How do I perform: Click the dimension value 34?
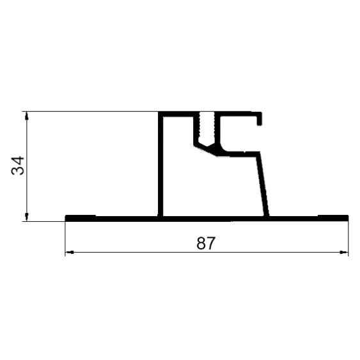coord(18,166)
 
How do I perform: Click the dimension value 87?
coord(206,243)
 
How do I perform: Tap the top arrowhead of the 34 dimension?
coord(27,116)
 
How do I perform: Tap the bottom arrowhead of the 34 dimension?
coord(27,217)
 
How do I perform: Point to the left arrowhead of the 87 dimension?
coord(69,253)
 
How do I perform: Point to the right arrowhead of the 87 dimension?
coord(344,253)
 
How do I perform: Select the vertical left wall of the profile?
coord(160,164)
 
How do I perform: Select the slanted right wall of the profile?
coord(263,184)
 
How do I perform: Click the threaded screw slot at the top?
coord(207,129)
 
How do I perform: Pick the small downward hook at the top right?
coord(260,119)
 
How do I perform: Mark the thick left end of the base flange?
coord(81,218)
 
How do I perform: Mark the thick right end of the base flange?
coord(333,218)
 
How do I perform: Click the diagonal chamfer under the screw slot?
coord(205,150)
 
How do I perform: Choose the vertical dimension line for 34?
coord(27,166)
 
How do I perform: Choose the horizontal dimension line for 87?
coord(207,253)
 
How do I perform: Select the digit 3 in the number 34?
coord(18,171)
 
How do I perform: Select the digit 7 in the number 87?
coord(211,243)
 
